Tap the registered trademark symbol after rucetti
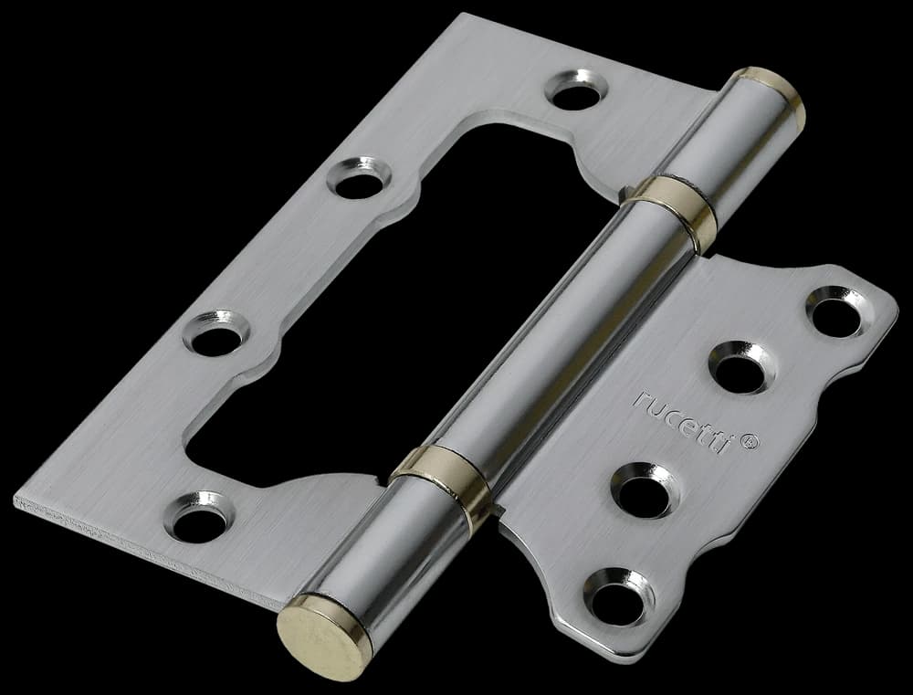click(x=750, y=442)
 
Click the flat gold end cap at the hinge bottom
click(x=324, y=637)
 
